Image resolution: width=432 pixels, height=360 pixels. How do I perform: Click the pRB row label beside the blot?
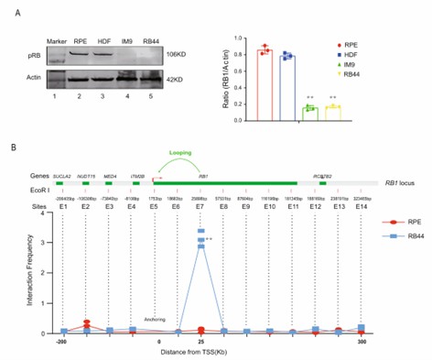point(31,56)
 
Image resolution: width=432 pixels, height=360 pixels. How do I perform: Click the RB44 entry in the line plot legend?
point(395,261)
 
